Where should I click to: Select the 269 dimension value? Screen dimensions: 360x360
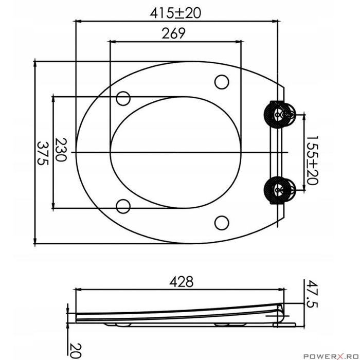tap(173, 34)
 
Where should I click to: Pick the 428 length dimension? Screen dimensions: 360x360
tap(182, 281)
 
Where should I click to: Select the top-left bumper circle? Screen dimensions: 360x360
tap(123, 97)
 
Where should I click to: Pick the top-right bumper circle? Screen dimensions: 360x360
tap(221, 82)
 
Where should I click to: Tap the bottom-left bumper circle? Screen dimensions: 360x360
tap(123, 206)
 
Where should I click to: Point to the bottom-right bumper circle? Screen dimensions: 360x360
tap(221, 222)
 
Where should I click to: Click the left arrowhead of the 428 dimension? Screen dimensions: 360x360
tap(79, 289)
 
